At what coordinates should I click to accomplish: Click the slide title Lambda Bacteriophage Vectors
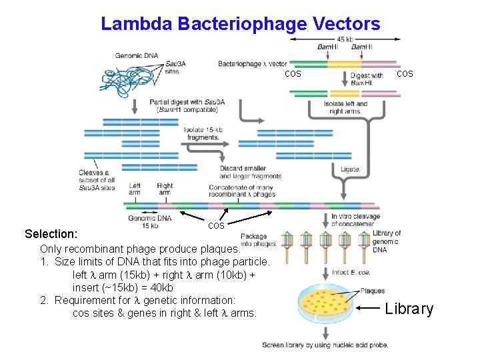coord(240,24)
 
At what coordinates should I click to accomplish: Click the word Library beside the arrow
coord(409,309)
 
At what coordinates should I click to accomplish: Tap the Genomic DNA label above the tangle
coord(137,56)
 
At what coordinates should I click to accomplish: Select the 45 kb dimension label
coord(345,38)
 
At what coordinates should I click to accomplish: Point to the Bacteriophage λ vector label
coord(252,64)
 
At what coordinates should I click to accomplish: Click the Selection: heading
coord(51,234)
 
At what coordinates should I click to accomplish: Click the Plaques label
coord(373,291)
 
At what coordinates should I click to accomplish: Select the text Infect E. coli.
coord(351,272)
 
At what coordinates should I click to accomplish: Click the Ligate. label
coord(351,169)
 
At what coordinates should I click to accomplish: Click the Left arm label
coord(135,189)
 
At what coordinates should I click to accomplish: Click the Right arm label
coord(165,189)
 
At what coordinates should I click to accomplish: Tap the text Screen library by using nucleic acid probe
coord(325,345)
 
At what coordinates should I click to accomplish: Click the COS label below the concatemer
coord(216,226)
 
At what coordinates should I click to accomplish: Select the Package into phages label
coord(253,240)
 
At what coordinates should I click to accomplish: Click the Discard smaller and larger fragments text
coord(250,172)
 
